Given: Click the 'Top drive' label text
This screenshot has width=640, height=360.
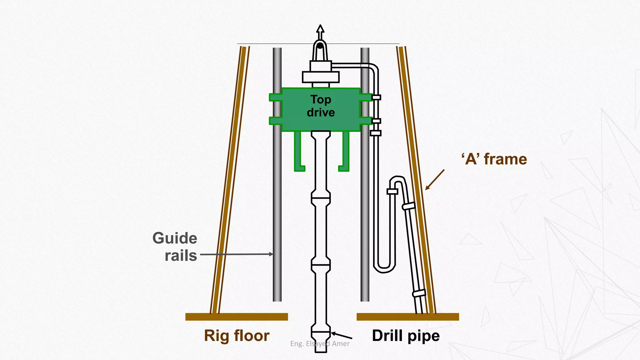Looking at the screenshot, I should [321, 106].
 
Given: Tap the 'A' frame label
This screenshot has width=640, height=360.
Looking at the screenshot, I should [494, 159].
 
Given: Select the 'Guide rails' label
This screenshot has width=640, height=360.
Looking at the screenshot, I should [175, 247].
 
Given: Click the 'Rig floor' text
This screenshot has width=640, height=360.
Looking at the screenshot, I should [237, 336].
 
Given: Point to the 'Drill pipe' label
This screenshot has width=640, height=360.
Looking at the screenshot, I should [406, 336].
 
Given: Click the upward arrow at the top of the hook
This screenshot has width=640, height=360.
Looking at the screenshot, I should [320, 30].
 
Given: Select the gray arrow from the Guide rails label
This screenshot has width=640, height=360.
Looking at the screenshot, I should [236, 254].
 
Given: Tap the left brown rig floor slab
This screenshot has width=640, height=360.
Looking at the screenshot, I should [237, 317].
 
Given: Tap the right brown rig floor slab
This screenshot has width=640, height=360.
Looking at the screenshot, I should [407, 317].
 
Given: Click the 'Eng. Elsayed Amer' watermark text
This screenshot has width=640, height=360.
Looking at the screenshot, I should [320, 344].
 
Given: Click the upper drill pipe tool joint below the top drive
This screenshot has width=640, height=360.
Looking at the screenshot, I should [321, 198].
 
